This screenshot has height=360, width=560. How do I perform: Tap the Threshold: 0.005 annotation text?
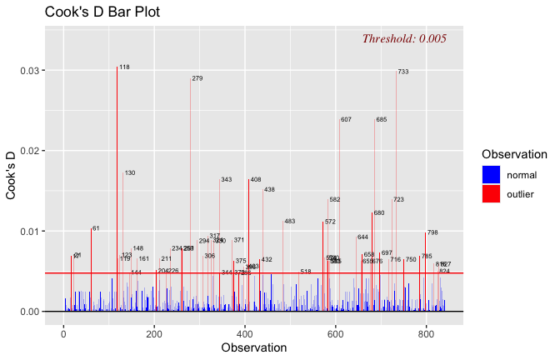tap(404, 38)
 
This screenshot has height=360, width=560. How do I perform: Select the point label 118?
tap(124, 67)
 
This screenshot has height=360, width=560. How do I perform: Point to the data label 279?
tap(197, 78)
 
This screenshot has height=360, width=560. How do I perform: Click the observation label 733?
tap(403, 72)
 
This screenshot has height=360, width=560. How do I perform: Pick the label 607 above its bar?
tap(346, 120)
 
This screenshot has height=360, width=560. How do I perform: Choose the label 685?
tap(381, 120)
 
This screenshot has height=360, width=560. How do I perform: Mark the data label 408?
tap(256, 180)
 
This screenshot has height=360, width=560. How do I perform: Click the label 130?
tap(130, 173)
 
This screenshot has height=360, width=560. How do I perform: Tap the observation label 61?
tap(96, 228)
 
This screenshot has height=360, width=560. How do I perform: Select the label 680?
tap(379, 213)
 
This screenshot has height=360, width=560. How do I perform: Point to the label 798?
tap(432, 233)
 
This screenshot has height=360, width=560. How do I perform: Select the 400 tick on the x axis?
tap(245, 332)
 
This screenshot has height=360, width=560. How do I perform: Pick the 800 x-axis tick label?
tap(426, 332)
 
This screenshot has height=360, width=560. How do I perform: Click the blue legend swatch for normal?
tap(491, 174)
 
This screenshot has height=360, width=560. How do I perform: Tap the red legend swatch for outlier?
tap(491, 194)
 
